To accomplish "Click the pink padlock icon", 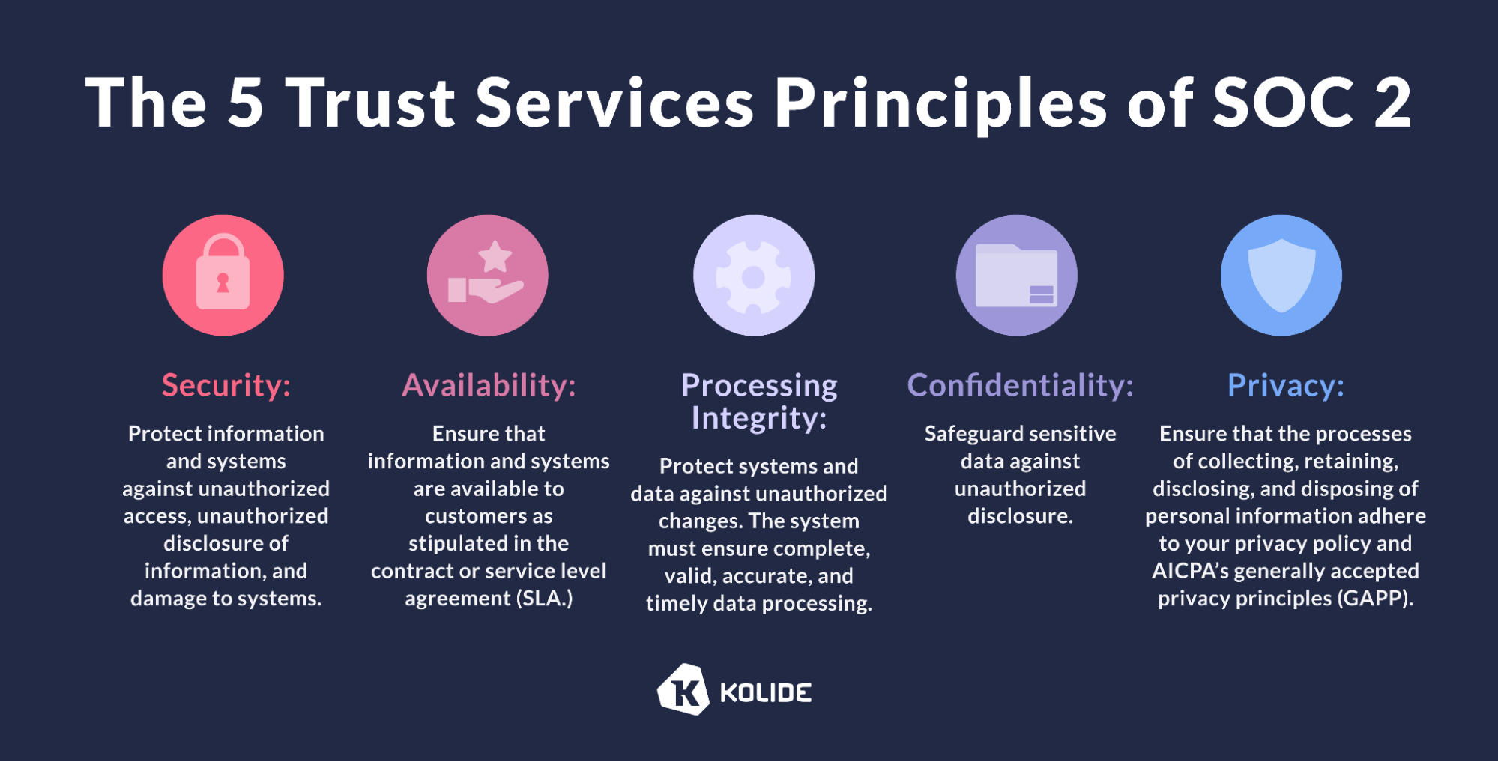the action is [x=223, y=275].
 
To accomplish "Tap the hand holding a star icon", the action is [x=487, y=275].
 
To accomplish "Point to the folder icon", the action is [x=1017, y=275].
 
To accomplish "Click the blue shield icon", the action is [x=1281, y=275].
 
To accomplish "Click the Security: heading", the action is [x=226, y=386].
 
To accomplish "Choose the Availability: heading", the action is [x=489, y=385].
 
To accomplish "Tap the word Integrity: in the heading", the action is [x=759, y=418].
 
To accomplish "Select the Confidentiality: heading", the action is [x=1021, y=385].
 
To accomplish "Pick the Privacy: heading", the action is [x=1286, y=386].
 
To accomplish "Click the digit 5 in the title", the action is [x=245, y=103].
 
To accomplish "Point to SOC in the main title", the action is [x=1283, y=103].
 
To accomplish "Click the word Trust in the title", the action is [x=371, y=103].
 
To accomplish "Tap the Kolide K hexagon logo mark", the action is [x=683, y=689].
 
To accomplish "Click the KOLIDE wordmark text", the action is [x=766, y=693].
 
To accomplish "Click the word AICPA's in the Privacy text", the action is [x=1190, y=572].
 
